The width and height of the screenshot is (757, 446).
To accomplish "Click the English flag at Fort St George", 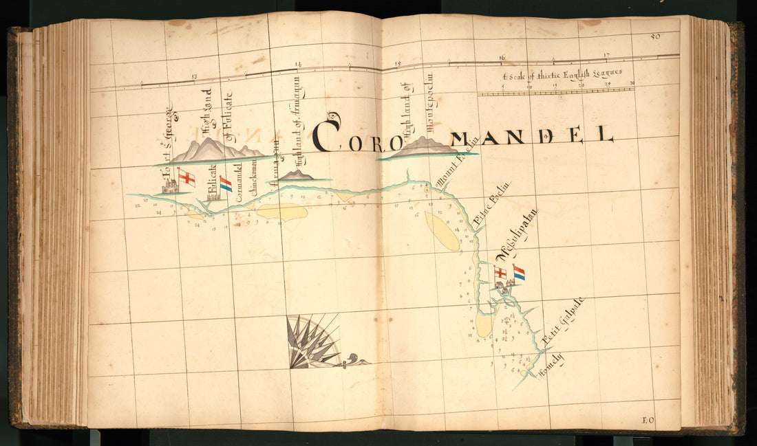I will click(186, 179).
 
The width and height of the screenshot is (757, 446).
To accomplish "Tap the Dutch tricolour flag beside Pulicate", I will click(225, 183).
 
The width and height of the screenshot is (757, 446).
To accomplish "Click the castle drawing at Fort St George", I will click(169, 186).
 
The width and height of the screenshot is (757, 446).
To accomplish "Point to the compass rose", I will click(313, 342).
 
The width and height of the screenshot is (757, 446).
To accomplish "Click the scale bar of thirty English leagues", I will click(556, 90).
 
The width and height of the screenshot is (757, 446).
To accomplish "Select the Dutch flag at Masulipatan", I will click(518, 273).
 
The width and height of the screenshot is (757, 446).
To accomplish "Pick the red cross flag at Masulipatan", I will click(500, 273).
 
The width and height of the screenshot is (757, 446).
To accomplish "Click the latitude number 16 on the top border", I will click(502, 58).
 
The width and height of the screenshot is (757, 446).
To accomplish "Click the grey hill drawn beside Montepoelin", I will click(423, 147).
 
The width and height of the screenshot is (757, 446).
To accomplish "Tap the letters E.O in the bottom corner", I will click(648, 420).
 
